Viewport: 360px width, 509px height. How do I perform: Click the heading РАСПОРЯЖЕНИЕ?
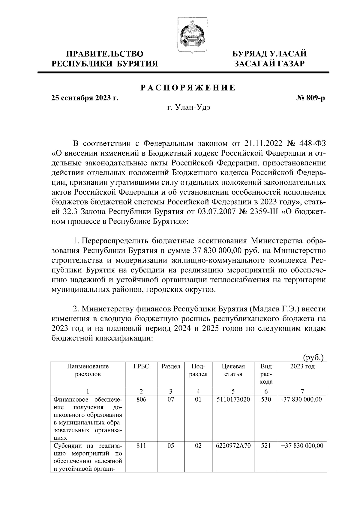pos(188,88)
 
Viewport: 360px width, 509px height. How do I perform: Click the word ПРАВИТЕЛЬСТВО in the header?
pos(105,54)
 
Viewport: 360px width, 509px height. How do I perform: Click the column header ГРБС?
pos(141,367)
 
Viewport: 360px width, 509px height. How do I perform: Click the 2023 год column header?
pos(302,367)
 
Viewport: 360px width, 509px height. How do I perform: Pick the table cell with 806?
pos(141,400)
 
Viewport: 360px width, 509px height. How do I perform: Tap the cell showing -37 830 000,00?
pos(302,400)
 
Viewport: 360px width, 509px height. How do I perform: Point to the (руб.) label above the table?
pos(313,358)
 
